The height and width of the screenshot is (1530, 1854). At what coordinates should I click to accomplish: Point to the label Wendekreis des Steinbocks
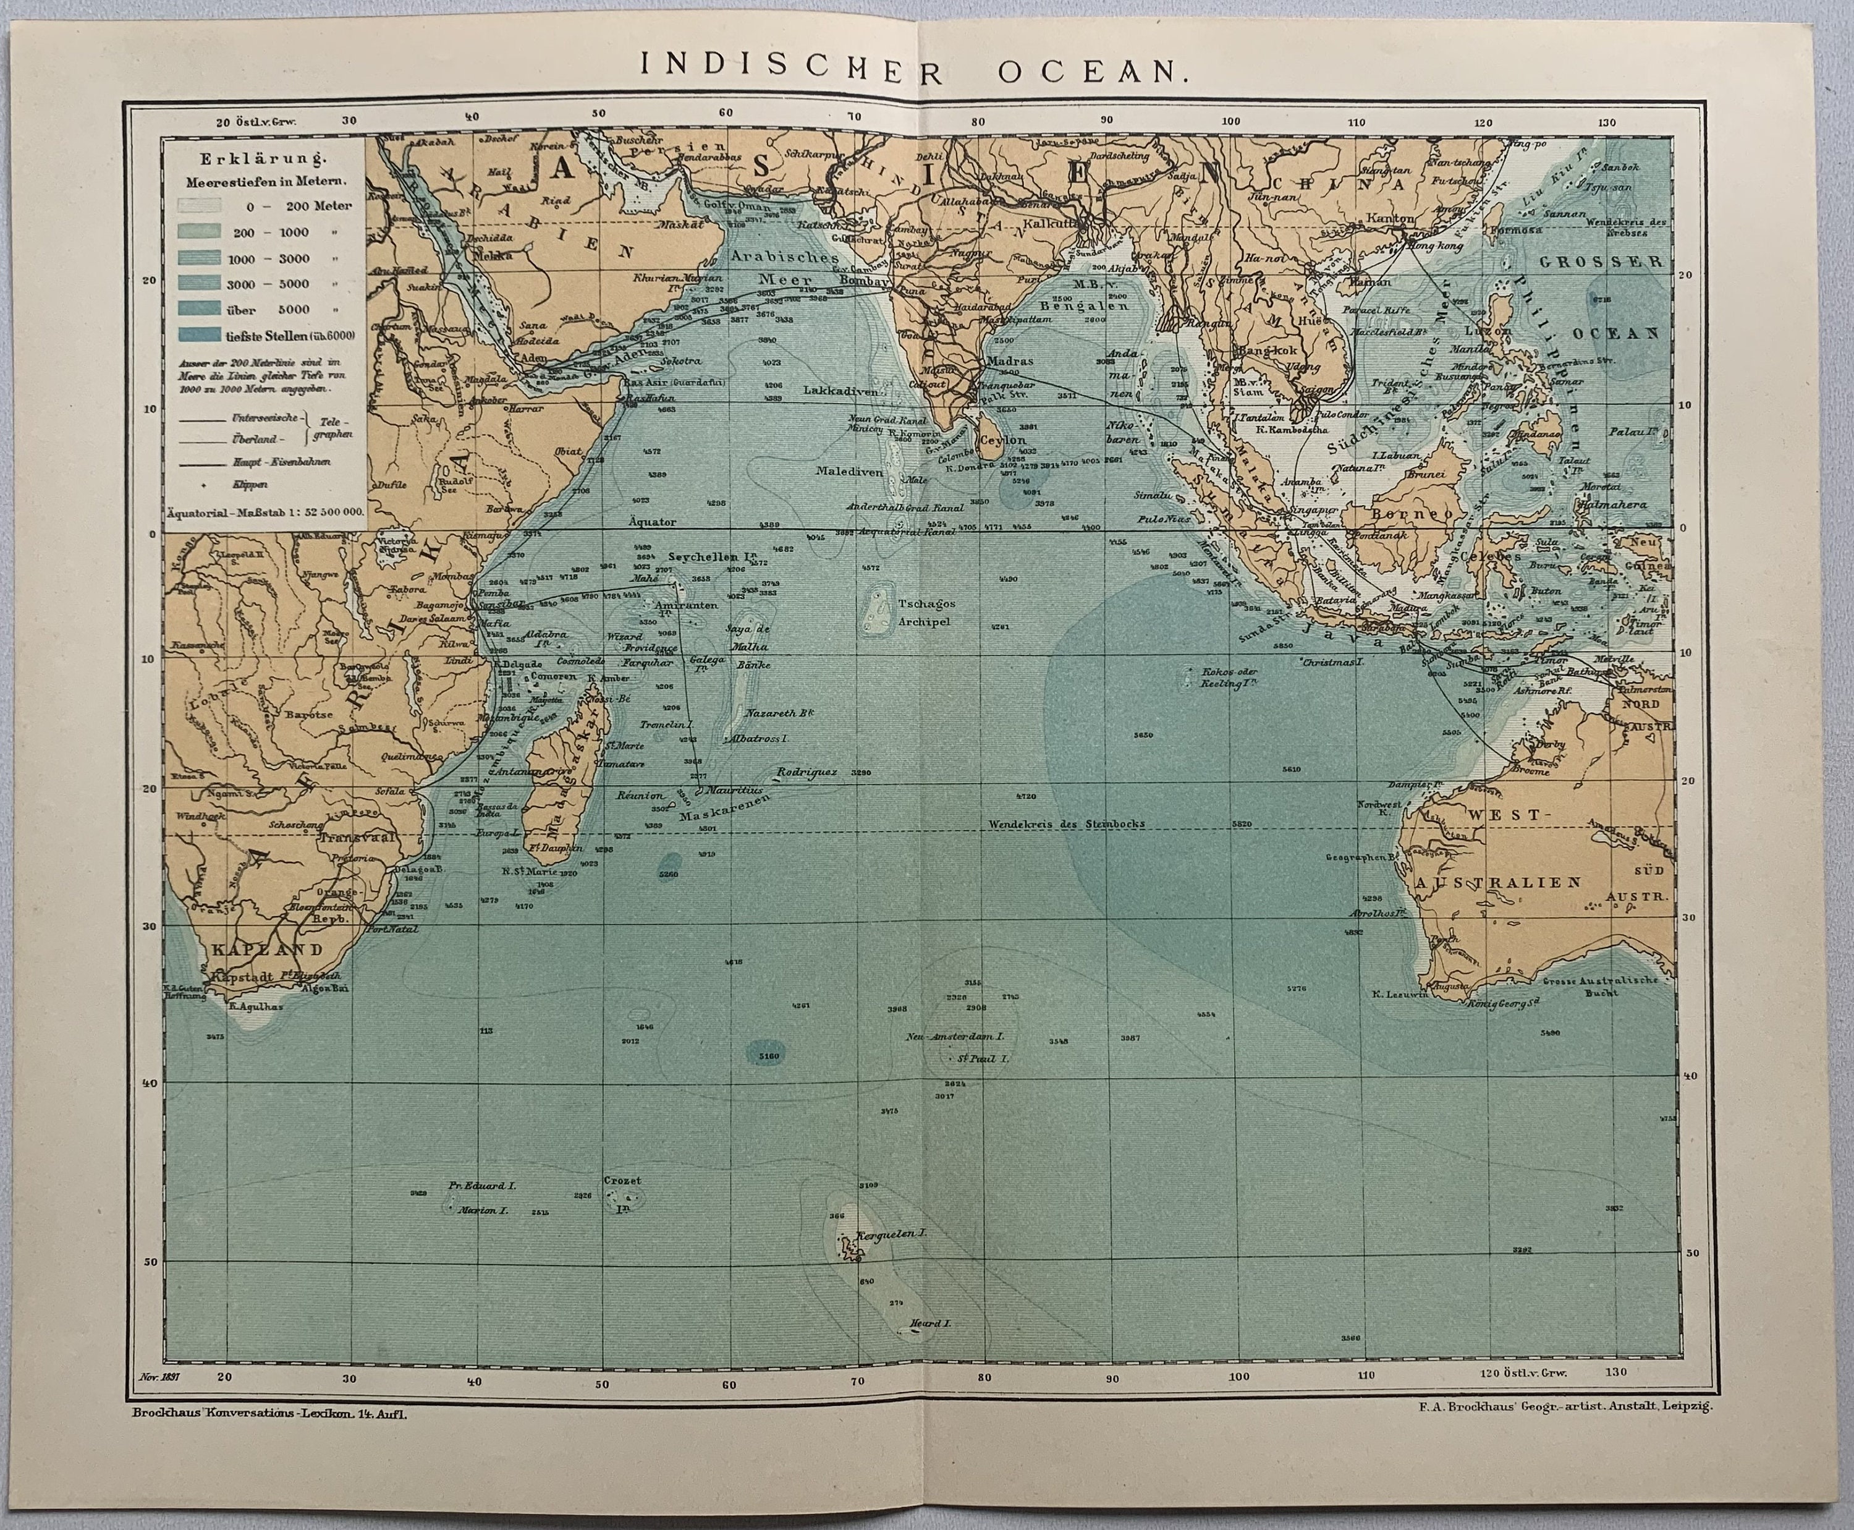[x=1065, y=823]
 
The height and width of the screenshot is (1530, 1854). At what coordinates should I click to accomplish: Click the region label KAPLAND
[x=266, y=949]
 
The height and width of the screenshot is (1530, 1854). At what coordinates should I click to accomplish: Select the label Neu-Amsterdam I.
[x=950, y=1037]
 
